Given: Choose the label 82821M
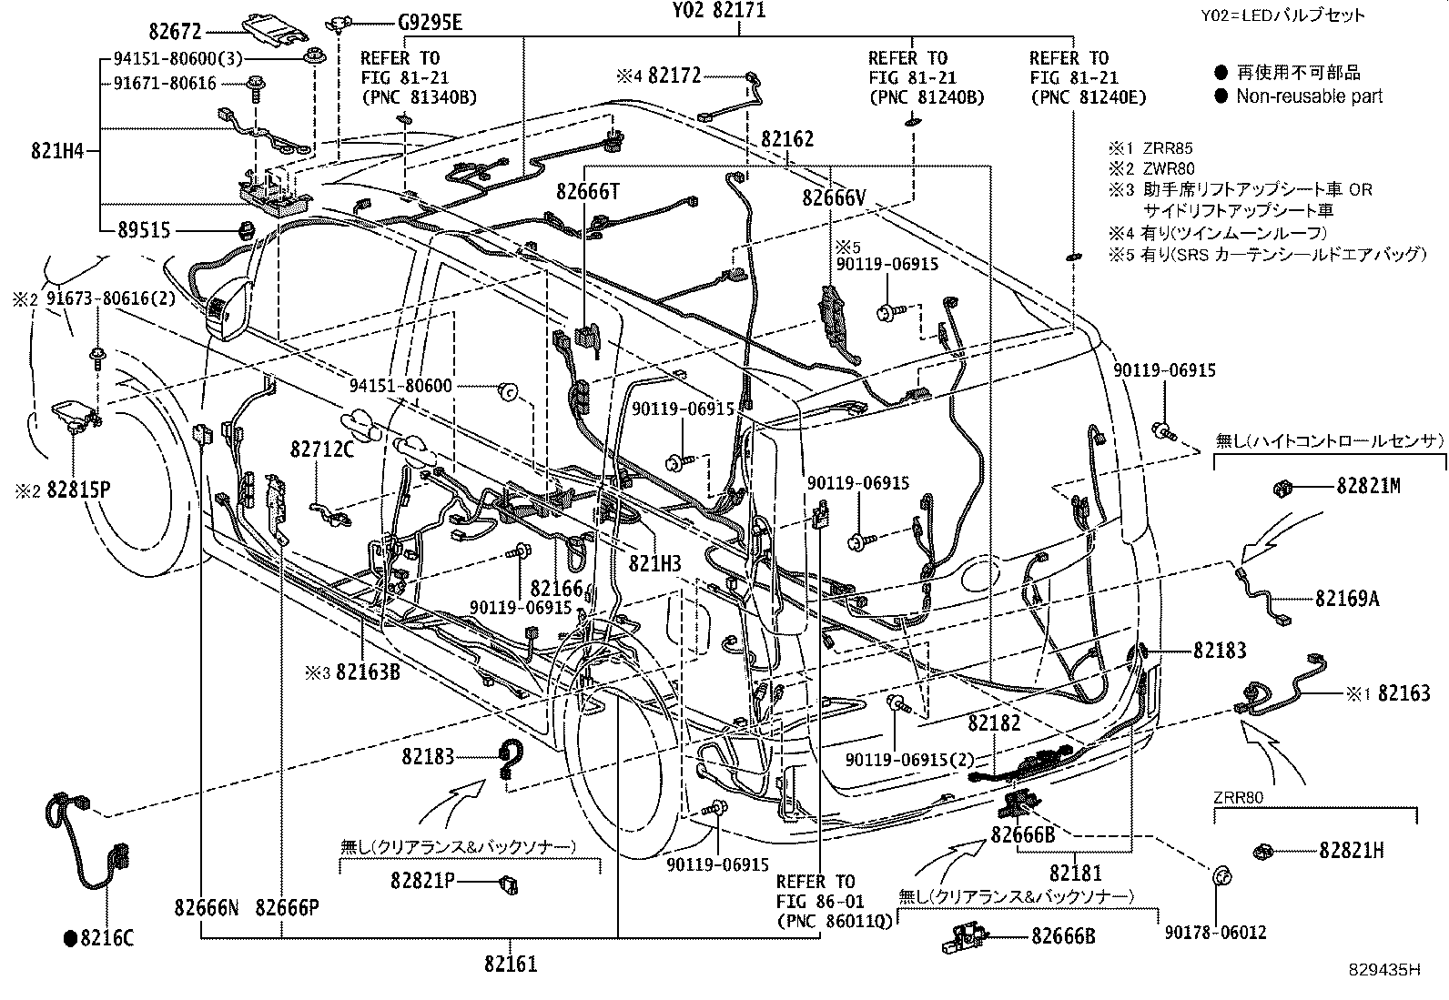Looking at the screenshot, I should (x=1368, y=487).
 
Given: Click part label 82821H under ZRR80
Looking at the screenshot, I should (x=1352, y=851).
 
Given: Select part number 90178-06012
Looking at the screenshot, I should (x=1214, y=934).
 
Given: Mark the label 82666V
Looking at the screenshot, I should (x=834, y=197).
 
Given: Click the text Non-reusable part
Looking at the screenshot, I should (x=1309, y=96).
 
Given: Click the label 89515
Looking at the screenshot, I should (x=143, y=231).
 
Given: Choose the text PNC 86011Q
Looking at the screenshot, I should (x=816, y=921).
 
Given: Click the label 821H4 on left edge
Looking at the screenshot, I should (x=57, y=151).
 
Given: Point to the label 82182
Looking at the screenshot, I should (x=994, y=723).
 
